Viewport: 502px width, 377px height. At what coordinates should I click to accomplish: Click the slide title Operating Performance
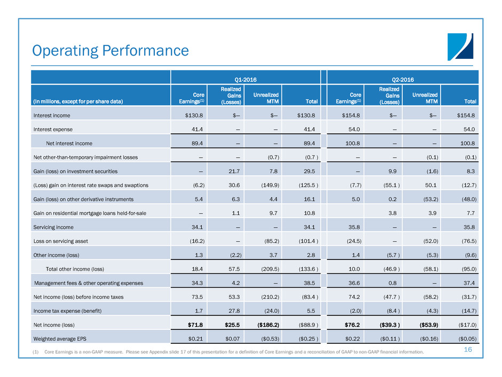(x=111, y=51)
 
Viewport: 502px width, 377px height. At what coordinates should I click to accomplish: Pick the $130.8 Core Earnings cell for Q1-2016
(x=190, y=116)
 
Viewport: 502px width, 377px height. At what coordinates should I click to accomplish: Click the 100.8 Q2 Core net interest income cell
(x=345, y=143)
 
